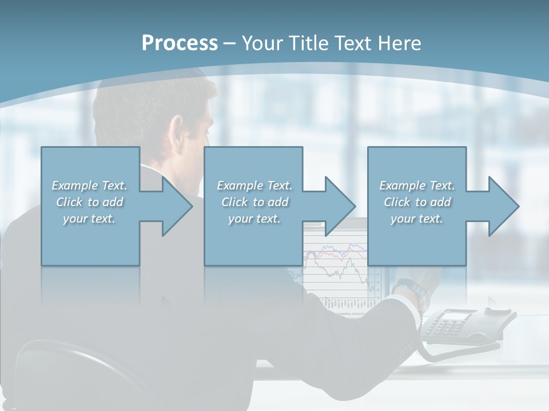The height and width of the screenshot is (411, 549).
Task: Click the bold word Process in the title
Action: (180, 43)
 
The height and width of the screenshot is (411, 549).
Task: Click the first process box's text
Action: (89, 202)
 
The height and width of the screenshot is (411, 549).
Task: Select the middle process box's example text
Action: (254, 202)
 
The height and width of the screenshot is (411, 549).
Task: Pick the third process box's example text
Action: (417, 202)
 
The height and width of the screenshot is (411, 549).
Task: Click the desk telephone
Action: (463, 328)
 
